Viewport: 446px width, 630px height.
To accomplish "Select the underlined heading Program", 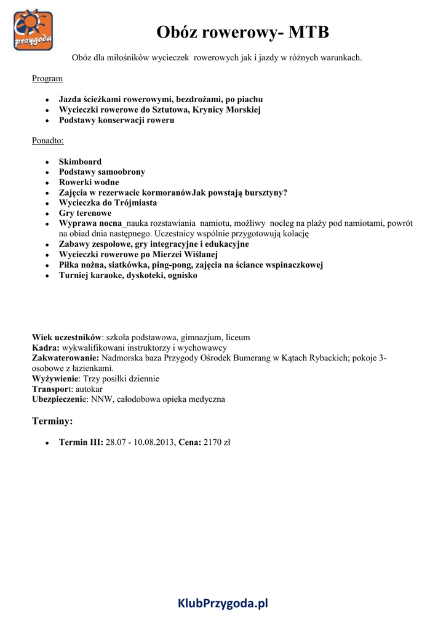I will coord(47,79).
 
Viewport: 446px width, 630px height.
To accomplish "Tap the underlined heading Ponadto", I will coord(48,141).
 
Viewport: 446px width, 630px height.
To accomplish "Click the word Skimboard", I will coord(80,162).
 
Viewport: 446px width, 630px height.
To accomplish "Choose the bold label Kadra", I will coord(46,348).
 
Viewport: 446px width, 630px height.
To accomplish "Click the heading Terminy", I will coord(52,421).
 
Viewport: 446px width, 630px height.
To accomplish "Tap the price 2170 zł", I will coord(217,442).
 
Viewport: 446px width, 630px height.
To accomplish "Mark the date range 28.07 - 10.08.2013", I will coord(141,442).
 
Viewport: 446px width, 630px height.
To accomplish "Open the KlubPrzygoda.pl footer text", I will coord(223,604).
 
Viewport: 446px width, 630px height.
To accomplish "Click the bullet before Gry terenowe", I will coord(47,213).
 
